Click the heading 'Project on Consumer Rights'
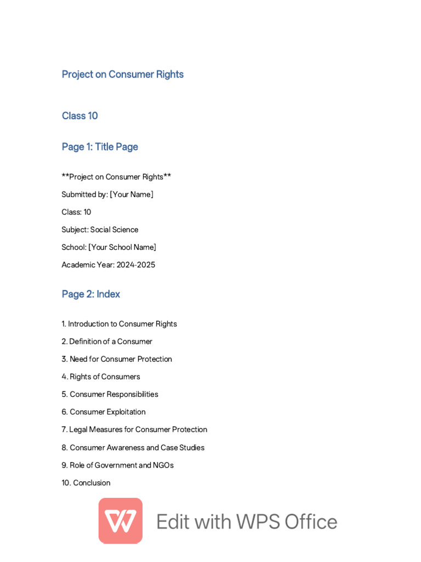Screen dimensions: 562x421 122,74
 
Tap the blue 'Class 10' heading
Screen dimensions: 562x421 79,116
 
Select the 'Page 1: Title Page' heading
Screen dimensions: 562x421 100,147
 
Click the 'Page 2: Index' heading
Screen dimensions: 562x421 90,294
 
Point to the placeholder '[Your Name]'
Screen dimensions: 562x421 132,194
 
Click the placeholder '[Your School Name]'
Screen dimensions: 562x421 122,247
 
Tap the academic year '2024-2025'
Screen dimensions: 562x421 135,265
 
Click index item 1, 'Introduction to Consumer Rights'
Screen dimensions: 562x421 122,324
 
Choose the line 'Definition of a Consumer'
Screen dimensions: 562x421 111,341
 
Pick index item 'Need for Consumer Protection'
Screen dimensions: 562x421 121,359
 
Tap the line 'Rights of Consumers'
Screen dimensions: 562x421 105,376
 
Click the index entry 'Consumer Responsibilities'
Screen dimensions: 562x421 114,394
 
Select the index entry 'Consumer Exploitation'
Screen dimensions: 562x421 107,412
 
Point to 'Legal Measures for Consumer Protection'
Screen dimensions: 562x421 138,429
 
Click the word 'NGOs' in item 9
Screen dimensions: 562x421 163,465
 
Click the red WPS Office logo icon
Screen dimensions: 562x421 121,520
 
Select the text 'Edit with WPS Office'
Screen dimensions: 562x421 247,521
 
